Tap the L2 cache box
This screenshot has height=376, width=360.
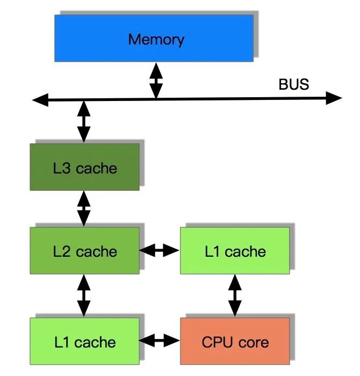(84, 251)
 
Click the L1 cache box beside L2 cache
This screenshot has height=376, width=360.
(235, 251)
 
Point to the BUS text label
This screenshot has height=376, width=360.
(293, 84)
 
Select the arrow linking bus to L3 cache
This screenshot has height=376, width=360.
(84, 121)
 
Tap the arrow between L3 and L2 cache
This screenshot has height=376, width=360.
(84, 208)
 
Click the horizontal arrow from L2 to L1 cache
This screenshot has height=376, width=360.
(159, 250)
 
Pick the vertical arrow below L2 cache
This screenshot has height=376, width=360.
(84, 295)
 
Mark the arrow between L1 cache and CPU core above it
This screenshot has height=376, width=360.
(235, 295)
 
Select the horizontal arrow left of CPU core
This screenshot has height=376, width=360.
(159, 340)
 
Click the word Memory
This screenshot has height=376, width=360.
(156, 39)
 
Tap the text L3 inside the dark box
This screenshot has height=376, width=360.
(62, 168)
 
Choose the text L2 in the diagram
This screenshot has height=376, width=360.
(62, 251)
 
